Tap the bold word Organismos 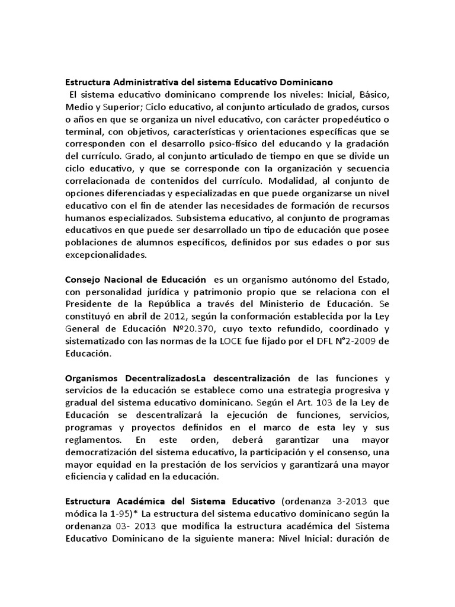[x=91, y=380]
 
